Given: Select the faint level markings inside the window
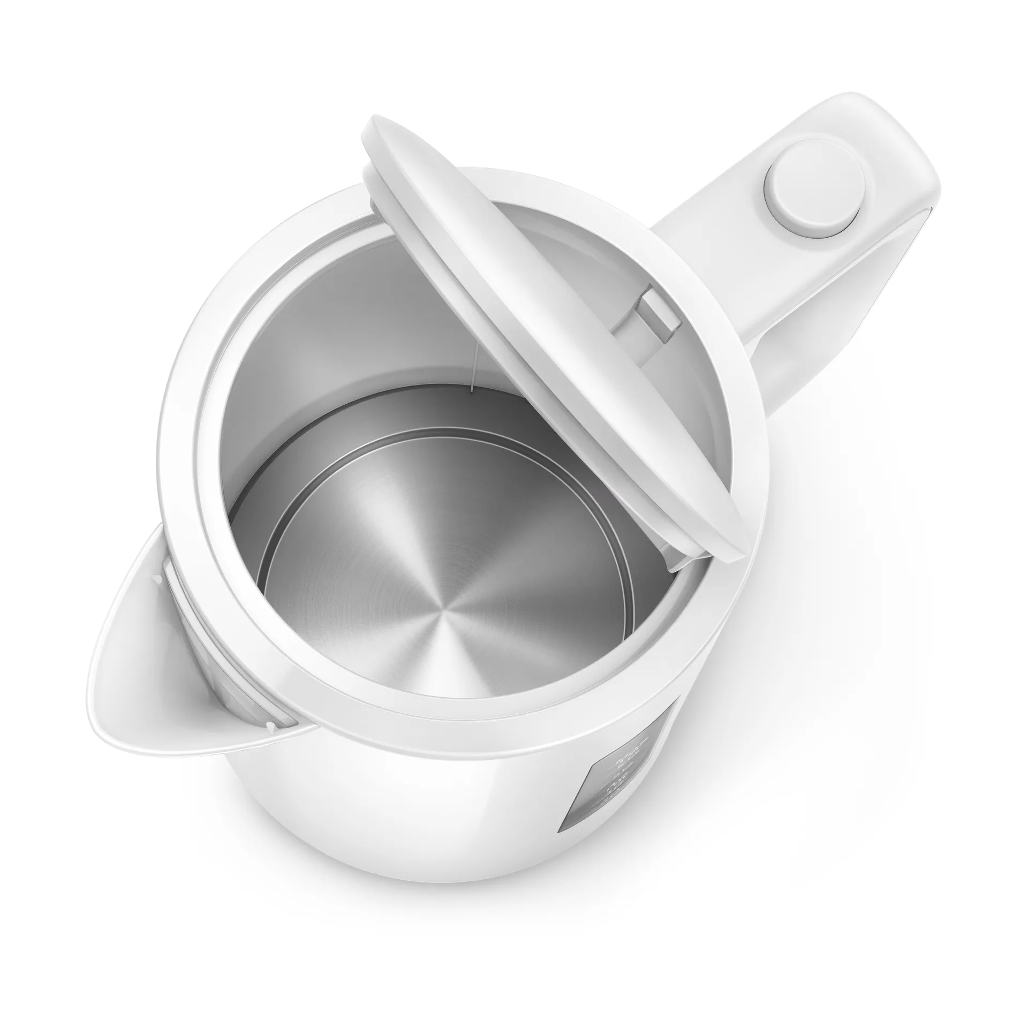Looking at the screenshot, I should click(x=621, y=771).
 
